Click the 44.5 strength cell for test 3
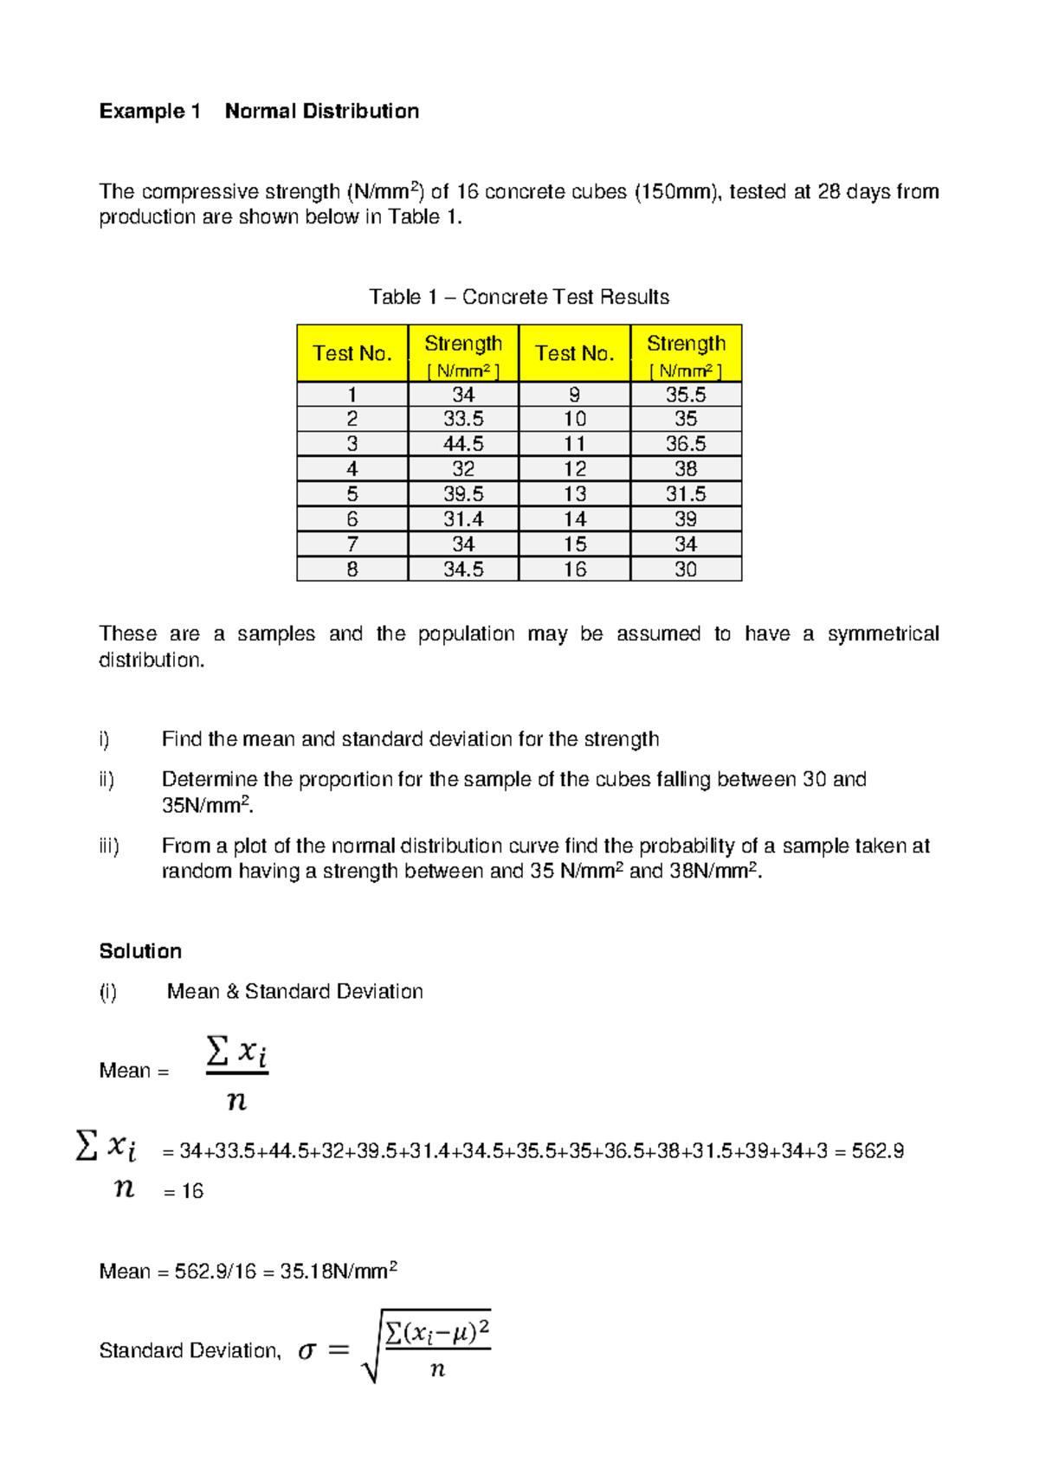[463, 444]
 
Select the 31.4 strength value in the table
[463, 519]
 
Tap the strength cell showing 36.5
[686, 444]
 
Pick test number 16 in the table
[575, 570]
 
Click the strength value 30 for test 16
[686, 570]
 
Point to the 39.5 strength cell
[463, 494]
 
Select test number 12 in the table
[575, 469]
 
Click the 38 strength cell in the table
[686, 469]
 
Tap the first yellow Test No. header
[352, 353]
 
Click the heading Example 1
[150, 112]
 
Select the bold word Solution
[140, 951]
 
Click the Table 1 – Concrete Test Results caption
[519, 298]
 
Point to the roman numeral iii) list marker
[109, 846]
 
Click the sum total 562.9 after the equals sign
[878, 1151]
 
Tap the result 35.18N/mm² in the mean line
[338, 1272]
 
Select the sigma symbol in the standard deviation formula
[307, 1351]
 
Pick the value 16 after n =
[192, 1192]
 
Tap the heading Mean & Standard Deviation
[294, 992]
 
